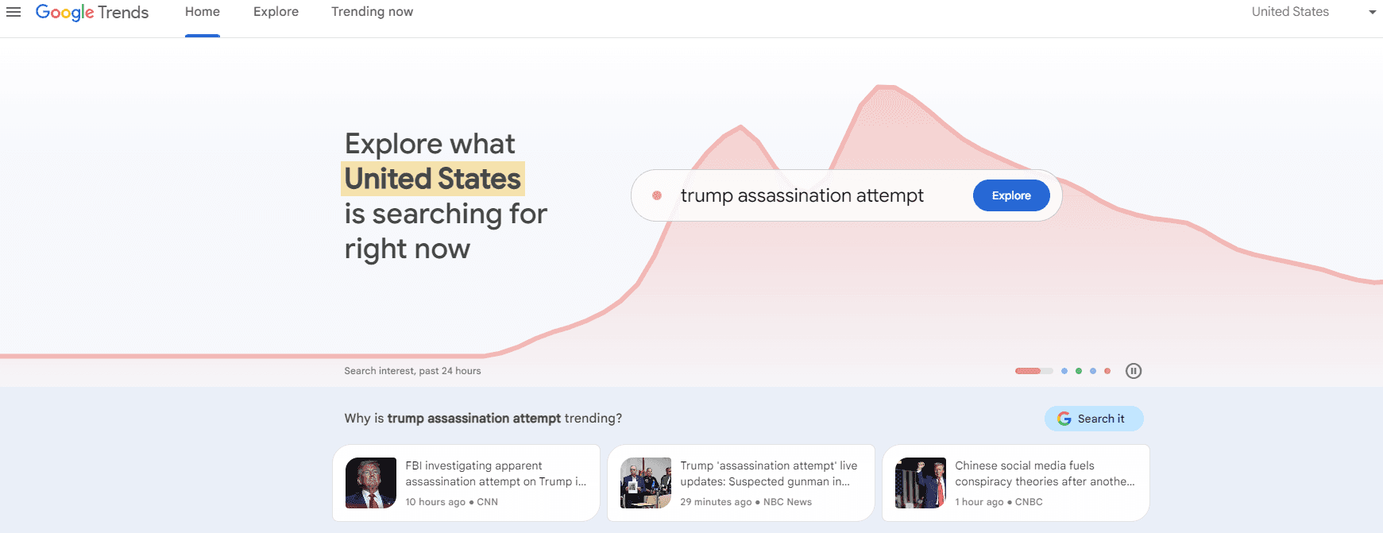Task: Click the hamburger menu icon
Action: (14, 12)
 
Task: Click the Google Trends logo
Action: (92, 13)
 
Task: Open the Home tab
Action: (203, 12)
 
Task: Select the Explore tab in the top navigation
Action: (276, 12)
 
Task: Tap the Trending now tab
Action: (372, 12)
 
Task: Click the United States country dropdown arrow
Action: (1372, 12)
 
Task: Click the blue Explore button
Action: (1010, 195)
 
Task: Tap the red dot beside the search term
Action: (657, 195)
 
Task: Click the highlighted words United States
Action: (433, 179)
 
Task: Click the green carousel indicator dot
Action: (1079, 371)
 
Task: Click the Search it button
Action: (1093, 419)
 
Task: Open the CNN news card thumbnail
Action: (371, 483)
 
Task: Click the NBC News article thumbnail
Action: (645, 483)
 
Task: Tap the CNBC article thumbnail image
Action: (920, 483)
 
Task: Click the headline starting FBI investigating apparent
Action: (496, 473)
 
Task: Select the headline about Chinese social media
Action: (1044, 473)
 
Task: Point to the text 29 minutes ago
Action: (716, 502)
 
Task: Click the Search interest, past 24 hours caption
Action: (412, 371)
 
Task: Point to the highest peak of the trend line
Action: (886, 86)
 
